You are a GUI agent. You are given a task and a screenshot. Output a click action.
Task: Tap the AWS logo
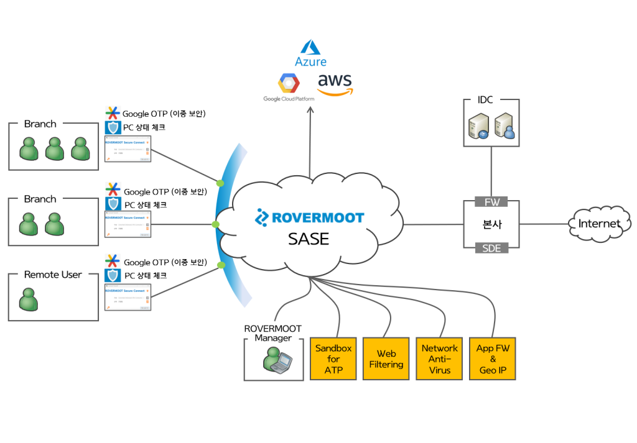coord(335,84)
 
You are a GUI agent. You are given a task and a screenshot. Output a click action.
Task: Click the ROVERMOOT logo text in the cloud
coord(309,217)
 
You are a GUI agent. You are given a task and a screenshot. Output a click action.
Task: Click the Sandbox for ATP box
coord(333,359)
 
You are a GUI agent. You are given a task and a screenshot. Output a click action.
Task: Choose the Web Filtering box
coord(386,359)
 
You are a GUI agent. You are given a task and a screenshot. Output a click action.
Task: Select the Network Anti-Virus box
coord(439,359)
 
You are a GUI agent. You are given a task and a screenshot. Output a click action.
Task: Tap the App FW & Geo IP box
coord(493,359)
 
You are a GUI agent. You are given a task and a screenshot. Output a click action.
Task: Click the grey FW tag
coord(491,201)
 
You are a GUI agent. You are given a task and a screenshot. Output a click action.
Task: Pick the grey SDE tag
coord(491,248)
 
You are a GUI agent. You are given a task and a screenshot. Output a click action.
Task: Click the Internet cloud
coord(599,224)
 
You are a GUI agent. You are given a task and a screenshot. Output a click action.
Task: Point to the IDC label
coord(485,100)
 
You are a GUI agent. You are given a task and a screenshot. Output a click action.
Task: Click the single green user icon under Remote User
coord(28,299)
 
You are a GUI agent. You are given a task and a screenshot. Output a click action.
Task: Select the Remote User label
coord(53,275)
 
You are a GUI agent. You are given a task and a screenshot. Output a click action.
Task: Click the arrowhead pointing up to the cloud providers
coord(310,110)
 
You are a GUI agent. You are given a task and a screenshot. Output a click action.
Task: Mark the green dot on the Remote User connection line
coord(221,265)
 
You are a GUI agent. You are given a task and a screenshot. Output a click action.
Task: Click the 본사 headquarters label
coord(491,224)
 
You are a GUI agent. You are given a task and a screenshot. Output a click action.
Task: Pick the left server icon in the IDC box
coord(479,126)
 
